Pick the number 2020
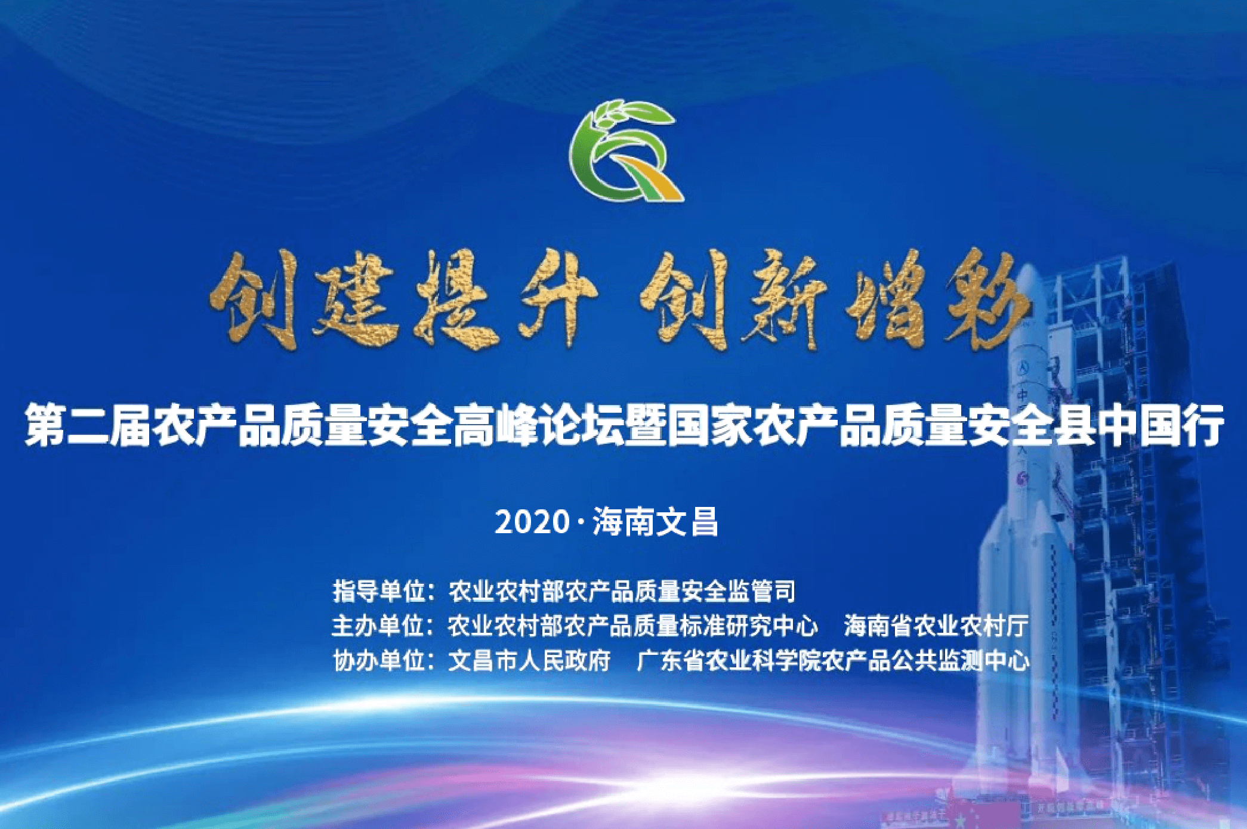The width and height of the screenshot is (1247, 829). [533, 522]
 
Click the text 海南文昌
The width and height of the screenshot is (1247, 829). [655, 522]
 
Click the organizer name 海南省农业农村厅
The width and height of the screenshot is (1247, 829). [936, 626]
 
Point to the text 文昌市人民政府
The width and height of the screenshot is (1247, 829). [529, 660]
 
